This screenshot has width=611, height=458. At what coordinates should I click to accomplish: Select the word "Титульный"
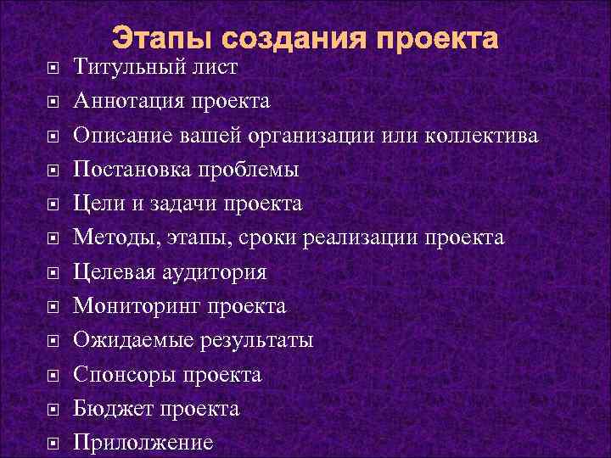pyautogui.click(x=125, y=68)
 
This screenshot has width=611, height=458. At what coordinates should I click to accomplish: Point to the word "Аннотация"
pyautogui.click(x=129, y=102)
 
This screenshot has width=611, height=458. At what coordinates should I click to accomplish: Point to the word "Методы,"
pyautogui.click(x=108, y=237)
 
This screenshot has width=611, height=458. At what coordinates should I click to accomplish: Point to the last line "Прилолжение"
pyautogui.click(x=143, y=442)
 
